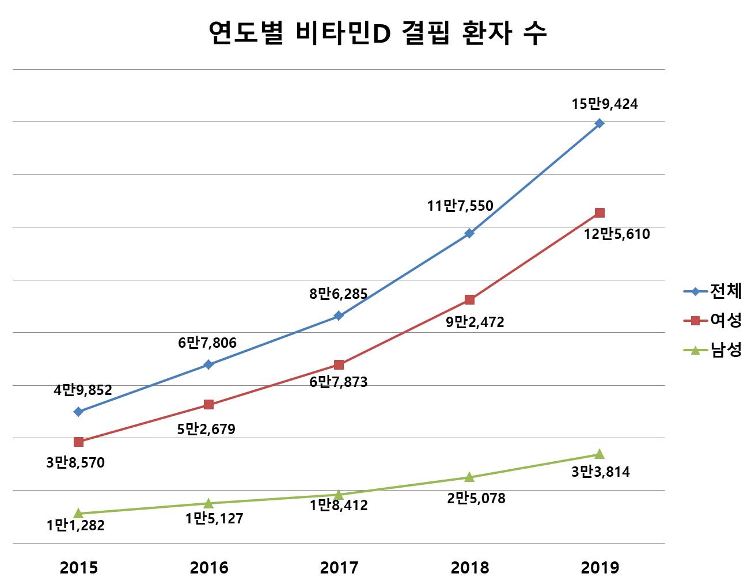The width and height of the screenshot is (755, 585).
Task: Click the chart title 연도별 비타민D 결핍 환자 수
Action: click(x=377, y=33)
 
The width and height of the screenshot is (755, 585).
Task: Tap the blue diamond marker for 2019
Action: click(x=600, y=123)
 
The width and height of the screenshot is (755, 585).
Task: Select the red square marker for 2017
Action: click(x=339, y=364)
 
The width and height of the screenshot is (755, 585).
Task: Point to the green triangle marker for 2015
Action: click(x=79, y=513)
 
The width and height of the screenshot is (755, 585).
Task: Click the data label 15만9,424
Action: click(x=604, y=104)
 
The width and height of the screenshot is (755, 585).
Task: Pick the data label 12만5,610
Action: click(x=616, y=234)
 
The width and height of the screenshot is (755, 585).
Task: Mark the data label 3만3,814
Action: click(x=601, y=472)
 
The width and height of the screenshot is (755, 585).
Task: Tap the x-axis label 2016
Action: click(x=209, y=568)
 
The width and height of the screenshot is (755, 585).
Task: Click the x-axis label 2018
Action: click(x=469, y=568)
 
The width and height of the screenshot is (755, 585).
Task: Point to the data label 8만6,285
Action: click(x=338, y=294)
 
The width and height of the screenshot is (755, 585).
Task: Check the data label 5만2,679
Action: click(x=206, y=429)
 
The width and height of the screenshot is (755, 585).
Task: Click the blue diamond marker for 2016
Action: click(x=208, y=364)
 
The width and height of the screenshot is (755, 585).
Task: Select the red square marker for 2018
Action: click(x=469, y=299)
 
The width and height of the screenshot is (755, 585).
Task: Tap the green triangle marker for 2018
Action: click(x=469, y=477)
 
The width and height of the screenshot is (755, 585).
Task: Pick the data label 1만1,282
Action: click(x=75, y=525)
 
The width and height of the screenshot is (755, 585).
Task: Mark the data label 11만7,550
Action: click(x=460, y=206)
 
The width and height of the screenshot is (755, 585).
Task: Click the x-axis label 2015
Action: click(x=79, y=568)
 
